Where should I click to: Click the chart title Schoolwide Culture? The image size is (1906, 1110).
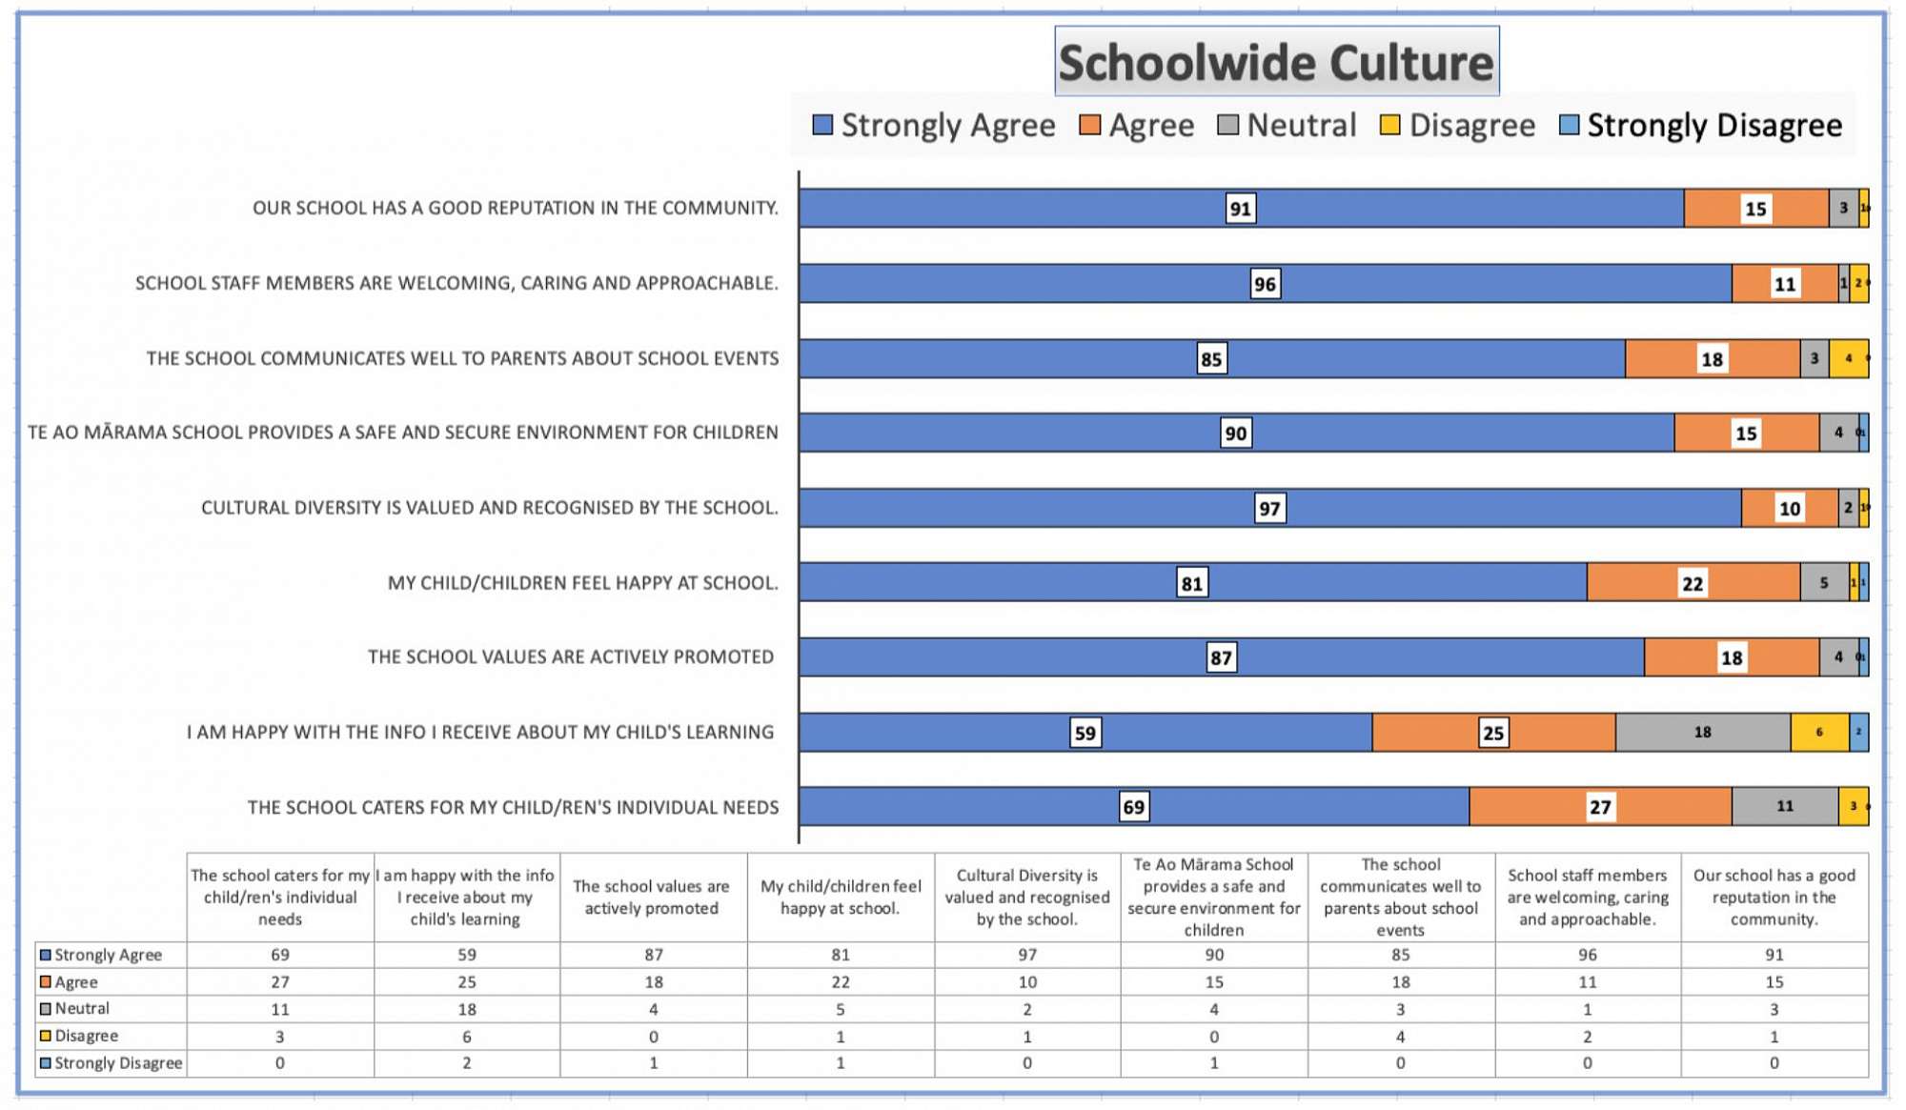click(x=1276, y=63)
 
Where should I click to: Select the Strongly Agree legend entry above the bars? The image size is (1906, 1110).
click(x=934, y=126)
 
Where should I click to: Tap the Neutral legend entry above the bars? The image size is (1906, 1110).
click(x=1288, y=126)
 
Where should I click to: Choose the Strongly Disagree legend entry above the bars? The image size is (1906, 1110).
click(x=1701, y=126)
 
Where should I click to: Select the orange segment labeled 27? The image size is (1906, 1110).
click(x=1600, y=807)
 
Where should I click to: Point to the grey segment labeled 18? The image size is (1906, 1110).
click(x=1702, y=733)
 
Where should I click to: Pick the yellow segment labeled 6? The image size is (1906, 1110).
click(x=1819, y=733)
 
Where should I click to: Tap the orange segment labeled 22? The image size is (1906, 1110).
click(x=1693, y=583)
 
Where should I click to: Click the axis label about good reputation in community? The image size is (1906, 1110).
click(x=515, y=208)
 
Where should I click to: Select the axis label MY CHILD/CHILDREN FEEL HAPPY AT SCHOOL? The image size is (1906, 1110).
click(x=582, y=583)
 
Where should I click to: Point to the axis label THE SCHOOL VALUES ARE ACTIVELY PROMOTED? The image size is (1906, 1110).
click(x=570, y=657)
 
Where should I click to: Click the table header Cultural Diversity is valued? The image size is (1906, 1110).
click(x=1026, y=897)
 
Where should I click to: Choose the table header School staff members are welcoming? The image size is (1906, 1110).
click(x=1587, y=897)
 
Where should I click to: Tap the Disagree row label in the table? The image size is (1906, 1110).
click(x=86, y=1036)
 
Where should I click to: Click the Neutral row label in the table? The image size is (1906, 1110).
click(x=81, y=1008)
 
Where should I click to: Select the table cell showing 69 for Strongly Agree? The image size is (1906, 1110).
click(x=279, y=955)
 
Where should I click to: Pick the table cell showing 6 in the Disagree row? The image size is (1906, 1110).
click(x=466, y=1036)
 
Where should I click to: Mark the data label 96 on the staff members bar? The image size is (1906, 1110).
click(x=1264, y=284)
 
